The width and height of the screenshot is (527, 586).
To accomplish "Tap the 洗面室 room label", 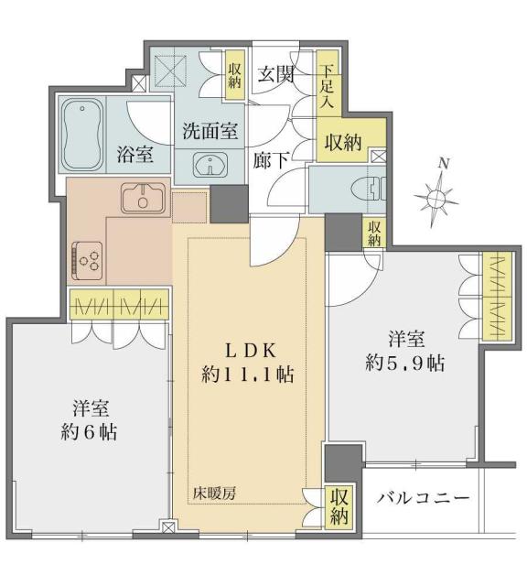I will click(209, 131).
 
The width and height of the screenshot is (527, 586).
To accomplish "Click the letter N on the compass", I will click(443, 163).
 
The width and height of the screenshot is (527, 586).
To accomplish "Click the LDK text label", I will click(246, 350).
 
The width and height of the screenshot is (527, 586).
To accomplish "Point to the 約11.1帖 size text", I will click(246, 374).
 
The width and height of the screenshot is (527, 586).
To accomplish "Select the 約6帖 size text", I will click(89, 430).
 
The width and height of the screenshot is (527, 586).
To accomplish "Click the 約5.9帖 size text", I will click(404, 363).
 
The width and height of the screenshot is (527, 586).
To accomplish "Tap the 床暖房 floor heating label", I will click(214, 494).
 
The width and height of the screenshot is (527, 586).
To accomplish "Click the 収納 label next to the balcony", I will click(338, 507).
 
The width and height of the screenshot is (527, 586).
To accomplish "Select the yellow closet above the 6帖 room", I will click(119, 303).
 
